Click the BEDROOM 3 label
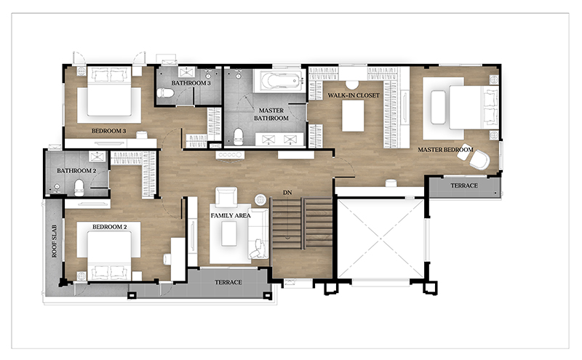click(108, 131)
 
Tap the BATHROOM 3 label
click(191, 83)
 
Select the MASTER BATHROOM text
click(271, 114)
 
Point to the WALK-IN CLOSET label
click(354, 95)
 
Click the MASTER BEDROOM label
click(445, 150)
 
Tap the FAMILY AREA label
click(231, 215)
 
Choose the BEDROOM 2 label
click(110, 227)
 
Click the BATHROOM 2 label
click(76, 171)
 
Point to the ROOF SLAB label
click(55, 241)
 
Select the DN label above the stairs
click(287, 193)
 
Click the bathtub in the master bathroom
click(279, 81)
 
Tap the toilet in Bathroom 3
click(165, 93)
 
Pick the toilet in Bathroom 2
click(79, 188)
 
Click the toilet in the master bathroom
click(238, 137)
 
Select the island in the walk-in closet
click(353, 116)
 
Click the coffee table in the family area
click(229, 233)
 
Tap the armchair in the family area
click(226, 197)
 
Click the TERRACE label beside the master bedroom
click(464, 185)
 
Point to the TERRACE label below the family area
click(228, 282)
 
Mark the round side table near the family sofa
click(260, 200)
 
